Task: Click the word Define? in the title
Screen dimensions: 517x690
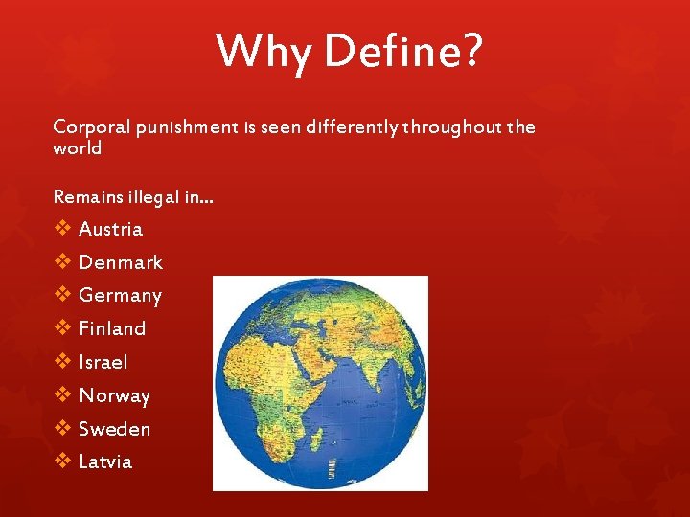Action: tap(403, 51)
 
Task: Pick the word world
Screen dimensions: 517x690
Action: tap(78, 148)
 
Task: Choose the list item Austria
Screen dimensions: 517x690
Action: tap(110, 229)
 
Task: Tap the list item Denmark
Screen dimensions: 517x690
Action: tap(121, 262)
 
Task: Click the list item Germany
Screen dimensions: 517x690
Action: tap(120, 296)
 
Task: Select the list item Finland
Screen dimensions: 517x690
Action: tap(112, 328)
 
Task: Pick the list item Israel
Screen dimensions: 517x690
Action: tap(103, 362)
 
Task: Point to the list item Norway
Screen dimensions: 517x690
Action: tap(114, 395)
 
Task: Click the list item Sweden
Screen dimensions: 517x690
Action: tap(114, 429)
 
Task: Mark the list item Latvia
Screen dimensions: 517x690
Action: tap(105, 461)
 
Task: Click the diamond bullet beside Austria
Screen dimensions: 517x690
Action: tap(62, 229)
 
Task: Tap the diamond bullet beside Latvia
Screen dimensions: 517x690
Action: tap(62, 461)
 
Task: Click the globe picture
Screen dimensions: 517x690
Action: tap(320, 383)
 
